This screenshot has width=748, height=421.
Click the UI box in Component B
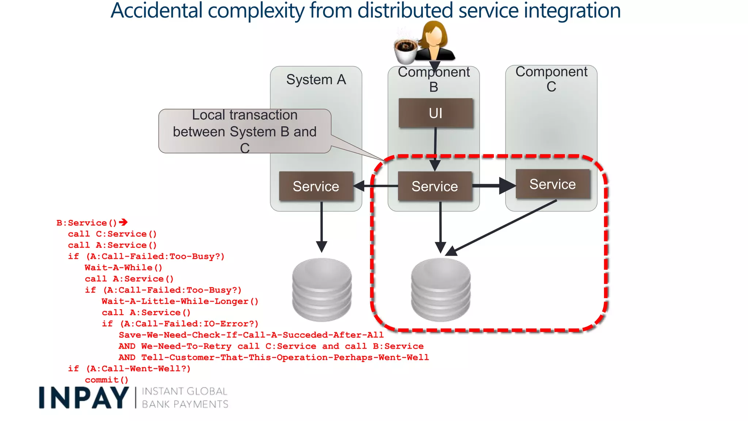click(436, 113)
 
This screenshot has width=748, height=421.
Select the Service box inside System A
click(316, 186)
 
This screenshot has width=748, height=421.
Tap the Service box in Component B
click(435, 186)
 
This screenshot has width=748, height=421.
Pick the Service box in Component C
click(553, 184)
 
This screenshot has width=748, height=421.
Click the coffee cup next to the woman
click(405, 51)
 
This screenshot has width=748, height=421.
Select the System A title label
click(316, 79)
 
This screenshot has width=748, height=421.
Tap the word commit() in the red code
click(107, 380)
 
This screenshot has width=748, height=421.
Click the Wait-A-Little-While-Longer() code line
click(180, 301)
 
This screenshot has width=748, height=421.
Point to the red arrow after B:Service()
click(123, 222)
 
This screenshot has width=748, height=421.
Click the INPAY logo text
click(84, 398)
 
